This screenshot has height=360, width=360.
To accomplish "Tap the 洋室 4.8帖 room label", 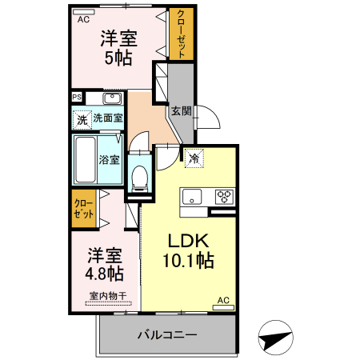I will click(104, 264).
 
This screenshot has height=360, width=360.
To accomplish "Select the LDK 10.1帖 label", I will click(189, 250).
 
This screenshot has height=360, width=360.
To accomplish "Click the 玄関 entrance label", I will click(181, 113).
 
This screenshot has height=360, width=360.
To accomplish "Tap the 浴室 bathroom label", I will click(110, 158).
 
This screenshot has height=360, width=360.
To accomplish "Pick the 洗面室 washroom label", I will click(108, 118).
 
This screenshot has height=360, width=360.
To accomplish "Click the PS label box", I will click(77, 98).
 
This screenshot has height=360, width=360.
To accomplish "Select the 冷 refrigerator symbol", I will click(193, 158).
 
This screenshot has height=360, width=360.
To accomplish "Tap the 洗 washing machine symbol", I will click(81, 120).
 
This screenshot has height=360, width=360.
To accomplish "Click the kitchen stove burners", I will click(223, 195).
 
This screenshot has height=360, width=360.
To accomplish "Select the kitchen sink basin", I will click(193, 196).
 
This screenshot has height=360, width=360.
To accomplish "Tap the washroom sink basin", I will click(112, 99).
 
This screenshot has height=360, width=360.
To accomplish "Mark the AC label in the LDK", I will click(223, 301).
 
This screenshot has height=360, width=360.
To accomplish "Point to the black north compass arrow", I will click(274, 338).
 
